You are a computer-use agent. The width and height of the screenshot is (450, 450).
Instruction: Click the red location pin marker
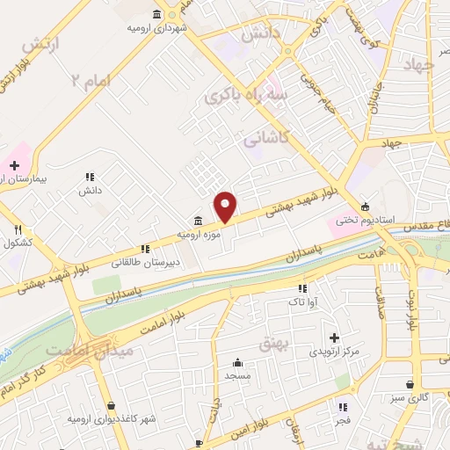tap(226, 207)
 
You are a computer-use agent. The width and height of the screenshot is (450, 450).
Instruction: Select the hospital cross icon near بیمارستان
tap(14, 164)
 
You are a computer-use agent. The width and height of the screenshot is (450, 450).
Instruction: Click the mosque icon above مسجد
tap(236, 362)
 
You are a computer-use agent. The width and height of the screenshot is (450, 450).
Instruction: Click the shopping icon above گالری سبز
tap(411, 384)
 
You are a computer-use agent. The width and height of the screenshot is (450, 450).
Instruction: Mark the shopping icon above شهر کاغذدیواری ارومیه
tap(111, 405)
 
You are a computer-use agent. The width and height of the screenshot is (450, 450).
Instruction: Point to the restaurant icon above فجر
tap(344, 407)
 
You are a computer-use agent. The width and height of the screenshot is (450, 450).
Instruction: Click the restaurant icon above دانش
tap(91, 178)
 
